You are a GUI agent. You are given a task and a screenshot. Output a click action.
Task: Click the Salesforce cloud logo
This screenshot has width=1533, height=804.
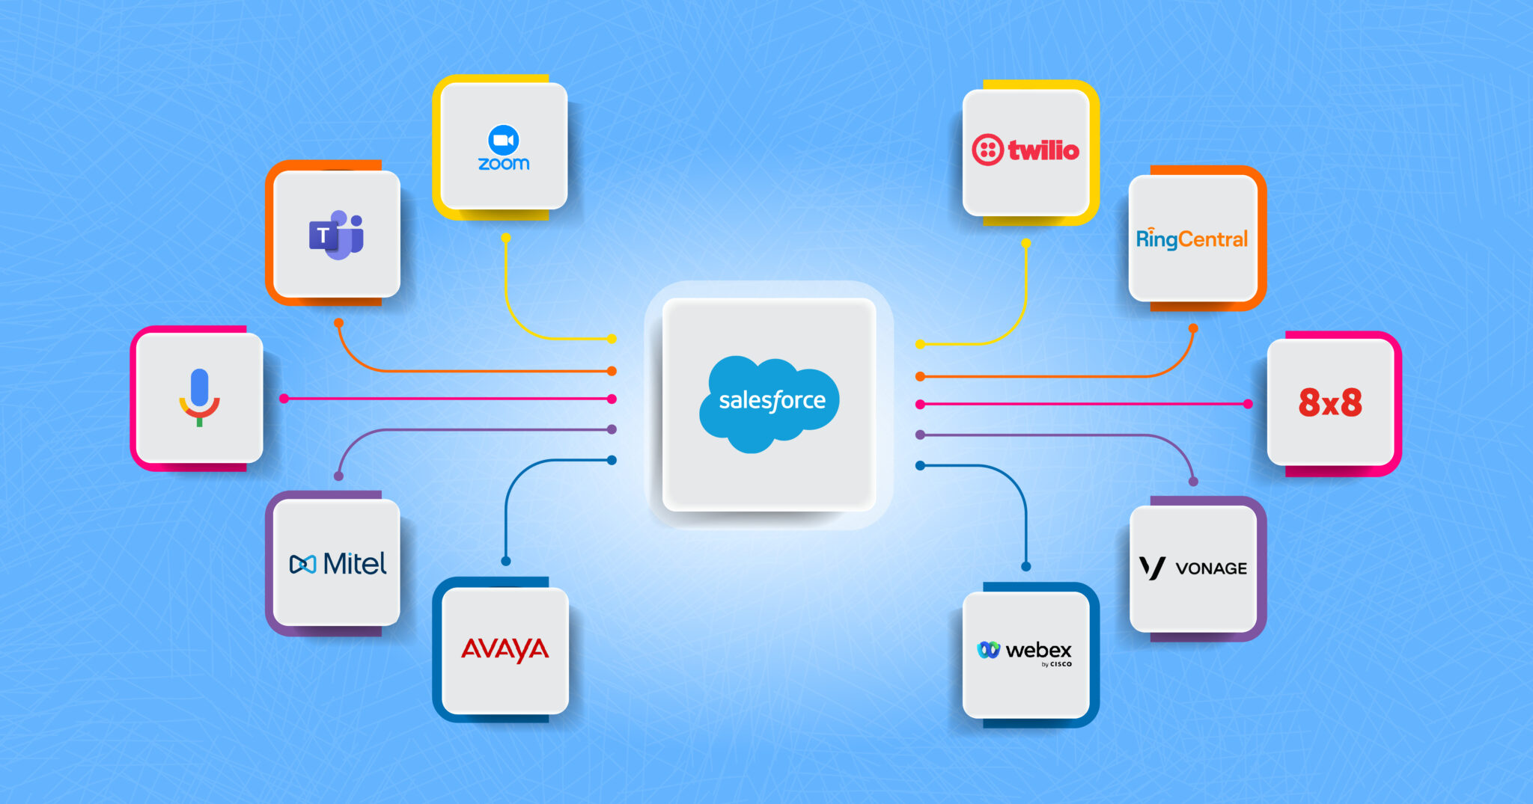(x=769, y=402)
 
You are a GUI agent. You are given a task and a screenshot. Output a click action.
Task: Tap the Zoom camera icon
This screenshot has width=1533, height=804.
(x=504, y=140)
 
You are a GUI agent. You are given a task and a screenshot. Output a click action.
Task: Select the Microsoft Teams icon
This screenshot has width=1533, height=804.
(x=336, y=235)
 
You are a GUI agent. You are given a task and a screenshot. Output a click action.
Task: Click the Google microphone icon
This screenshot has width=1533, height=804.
(x=199, y=397)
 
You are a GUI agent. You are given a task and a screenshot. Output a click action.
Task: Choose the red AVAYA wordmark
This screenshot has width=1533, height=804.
(x=505, y=649)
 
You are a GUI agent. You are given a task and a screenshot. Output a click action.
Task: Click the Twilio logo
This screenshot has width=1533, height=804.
(x=1025, y=150)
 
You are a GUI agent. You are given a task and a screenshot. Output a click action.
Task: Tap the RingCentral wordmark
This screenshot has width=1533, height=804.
(x=1192, y=239)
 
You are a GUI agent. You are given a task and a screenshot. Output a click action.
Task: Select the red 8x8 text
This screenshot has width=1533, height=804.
(x=1330, y=402)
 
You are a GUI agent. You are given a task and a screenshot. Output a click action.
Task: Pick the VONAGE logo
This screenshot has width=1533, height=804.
(x=1193, y=568)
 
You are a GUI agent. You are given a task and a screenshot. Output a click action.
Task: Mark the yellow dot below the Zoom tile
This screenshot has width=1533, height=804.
(x=506, y=238)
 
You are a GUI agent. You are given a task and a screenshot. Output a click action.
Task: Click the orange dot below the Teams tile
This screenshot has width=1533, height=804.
(x=339, y=323)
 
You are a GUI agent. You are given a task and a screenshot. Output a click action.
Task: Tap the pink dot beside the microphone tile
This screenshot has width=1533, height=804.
(x=284, y=399)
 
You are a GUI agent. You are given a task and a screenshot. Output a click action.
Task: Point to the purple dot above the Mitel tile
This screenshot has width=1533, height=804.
(x=338, y=476)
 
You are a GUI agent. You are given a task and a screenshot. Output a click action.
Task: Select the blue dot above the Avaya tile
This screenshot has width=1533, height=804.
(x=506, y=561)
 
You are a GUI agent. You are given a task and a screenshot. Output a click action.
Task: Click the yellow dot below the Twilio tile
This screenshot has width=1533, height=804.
(x=1026, y=244)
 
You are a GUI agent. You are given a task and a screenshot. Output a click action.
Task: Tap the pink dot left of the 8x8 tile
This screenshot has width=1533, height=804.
(x=1248, y=404)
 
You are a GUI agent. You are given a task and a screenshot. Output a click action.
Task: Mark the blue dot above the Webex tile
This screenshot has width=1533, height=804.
(x=1026, y=566)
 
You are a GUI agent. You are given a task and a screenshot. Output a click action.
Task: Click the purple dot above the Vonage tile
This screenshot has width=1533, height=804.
(x=1193, y=482)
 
